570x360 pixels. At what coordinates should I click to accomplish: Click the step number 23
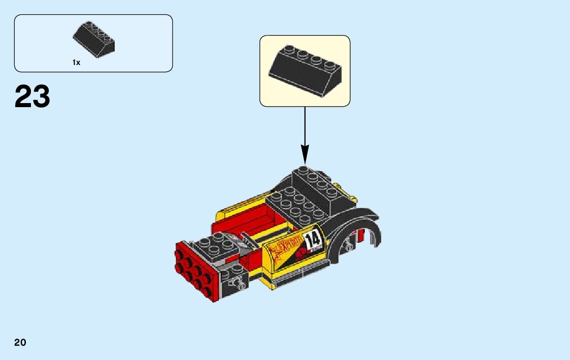tap(32, 96)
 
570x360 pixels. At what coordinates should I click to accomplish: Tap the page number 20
tap(20, 343)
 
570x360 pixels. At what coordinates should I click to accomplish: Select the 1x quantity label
tap(76, 62)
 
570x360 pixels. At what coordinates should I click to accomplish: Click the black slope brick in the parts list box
tap(94, 39)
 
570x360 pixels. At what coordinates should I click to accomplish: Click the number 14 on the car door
tap(313, 239)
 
